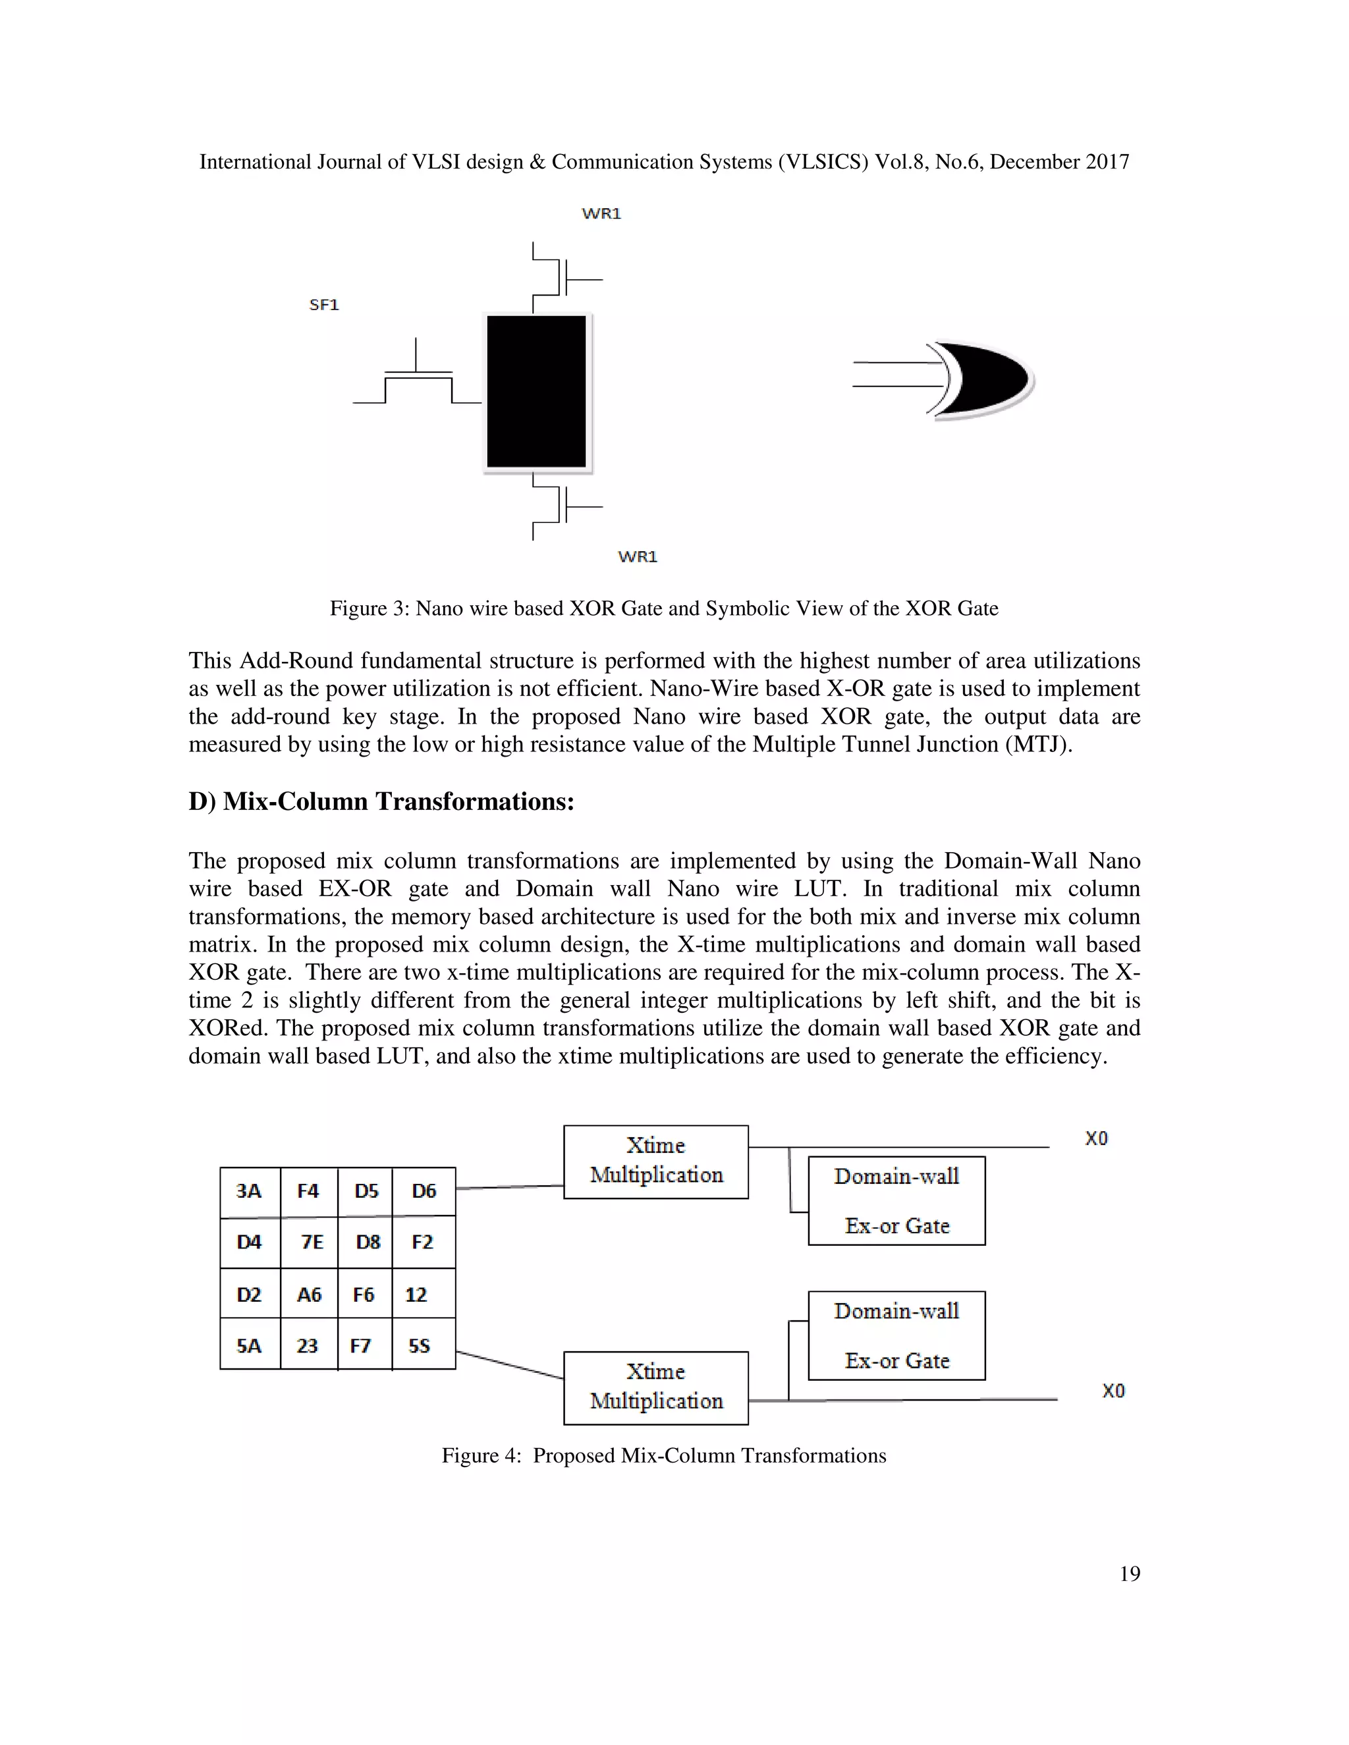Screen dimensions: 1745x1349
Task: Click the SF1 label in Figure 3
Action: [x=323, y=304]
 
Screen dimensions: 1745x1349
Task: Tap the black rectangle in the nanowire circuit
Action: [x=536, y=392]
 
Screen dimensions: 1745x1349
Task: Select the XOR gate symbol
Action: [x=983, y=381]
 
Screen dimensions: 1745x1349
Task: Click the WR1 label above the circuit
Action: [x=601, y=213]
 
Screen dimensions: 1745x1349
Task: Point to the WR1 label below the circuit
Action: [x=637, y=556]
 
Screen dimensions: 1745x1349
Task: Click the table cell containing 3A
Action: [x=250, y=1191]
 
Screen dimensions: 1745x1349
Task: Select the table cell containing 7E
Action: [x=311, y=1242]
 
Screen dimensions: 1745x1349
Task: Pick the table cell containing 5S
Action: [x=421, y=1345]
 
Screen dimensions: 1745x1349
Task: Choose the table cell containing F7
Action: [x=362, y=1345]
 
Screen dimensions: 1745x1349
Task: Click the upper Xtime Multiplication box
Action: [x=655, y=1161]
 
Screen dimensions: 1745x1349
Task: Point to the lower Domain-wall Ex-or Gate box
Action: [x=896, y=1335]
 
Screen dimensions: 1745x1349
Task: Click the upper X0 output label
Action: [x=1095, y=1138]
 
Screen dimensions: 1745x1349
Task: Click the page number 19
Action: [x=1129, y=1573]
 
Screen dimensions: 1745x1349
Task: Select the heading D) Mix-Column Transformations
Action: [x=381, y=801]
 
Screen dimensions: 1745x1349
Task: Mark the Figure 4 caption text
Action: [x=663, y=1455]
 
